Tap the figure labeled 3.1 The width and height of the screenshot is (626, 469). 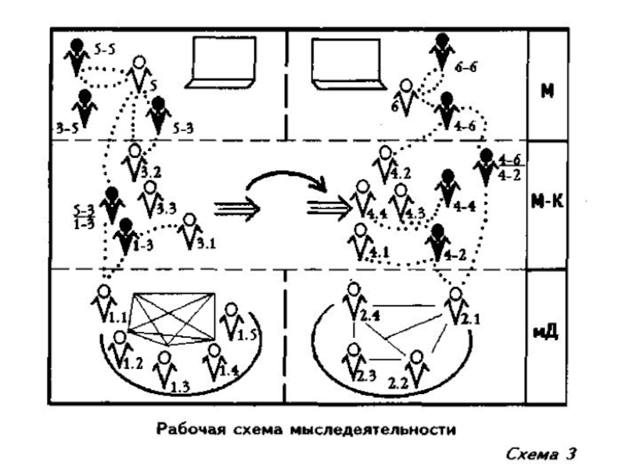[188, 231]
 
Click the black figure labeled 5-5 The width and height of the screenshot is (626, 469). [77, 56]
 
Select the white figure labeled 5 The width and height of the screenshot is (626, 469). [139, 73]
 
